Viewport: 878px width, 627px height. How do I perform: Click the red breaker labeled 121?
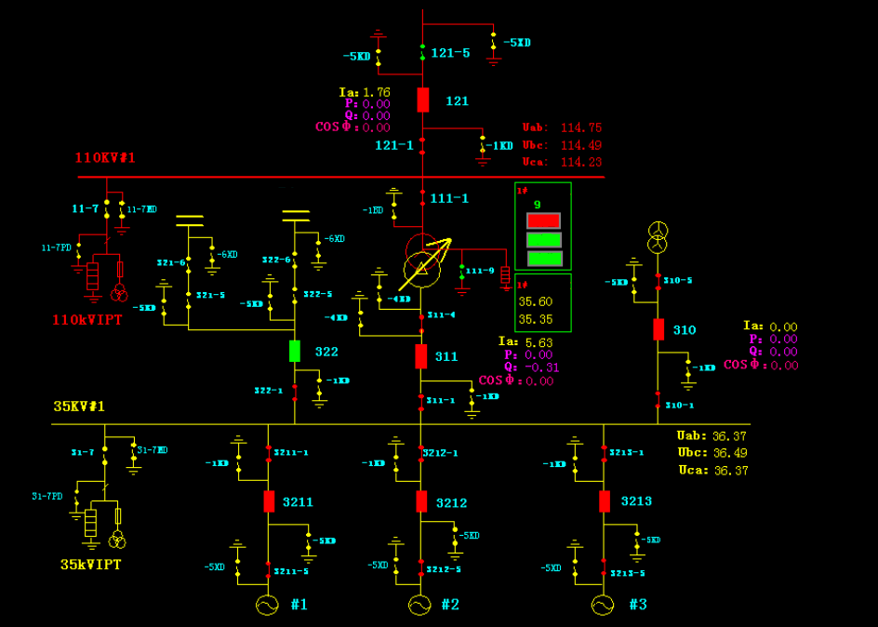tap(423, 100)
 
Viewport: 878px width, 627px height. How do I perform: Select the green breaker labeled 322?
tap(295, 351)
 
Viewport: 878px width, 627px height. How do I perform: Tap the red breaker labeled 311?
tap(421, 355)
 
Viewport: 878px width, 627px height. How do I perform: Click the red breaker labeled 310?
tap(658, 329)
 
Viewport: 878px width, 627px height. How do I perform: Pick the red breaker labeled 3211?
tap(269, 501)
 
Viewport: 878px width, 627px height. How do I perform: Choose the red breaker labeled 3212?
tap(421, 501)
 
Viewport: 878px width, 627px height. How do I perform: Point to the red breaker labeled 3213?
tap(605, 501)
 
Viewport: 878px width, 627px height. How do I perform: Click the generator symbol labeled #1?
tap(267, 605)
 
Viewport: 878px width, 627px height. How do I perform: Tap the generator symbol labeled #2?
tap(419, 605)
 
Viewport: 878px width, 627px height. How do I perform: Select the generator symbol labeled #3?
tap(603, 605)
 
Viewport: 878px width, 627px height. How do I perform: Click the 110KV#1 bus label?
tap(105, 158)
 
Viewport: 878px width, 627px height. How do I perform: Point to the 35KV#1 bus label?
tap(79, 407)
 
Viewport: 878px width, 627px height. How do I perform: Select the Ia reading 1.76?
tap(376, 92)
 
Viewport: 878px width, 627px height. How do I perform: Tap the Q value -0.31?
tap(539, 367)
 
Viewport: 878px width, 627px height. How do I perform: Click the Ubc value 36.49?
tap(729, 453)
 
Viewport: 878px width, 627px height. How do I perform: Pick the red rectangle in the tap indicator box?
tap(544, 220)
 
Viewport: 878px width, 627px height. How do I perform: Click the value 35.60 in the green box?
tap(536, 302)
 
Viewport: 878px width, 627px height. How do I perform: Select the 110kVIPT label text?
tap(87, 319)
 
